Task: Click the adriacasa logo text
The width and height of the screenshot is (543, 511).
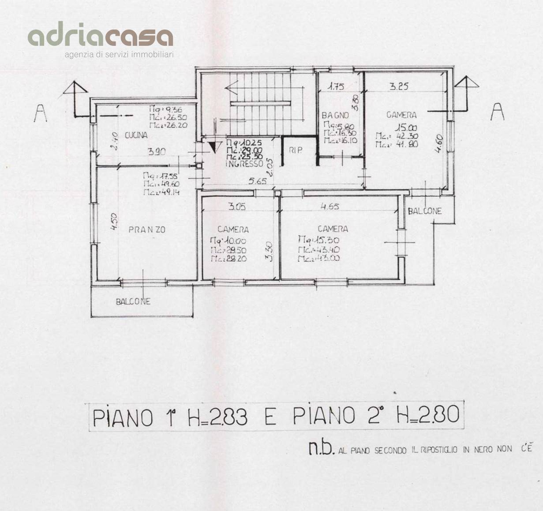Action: [100, 37]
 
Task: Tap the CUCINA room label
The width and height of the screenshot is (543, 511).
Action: [136, 135]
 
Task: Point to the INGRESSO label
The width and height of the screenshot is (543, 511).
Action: [244, 164]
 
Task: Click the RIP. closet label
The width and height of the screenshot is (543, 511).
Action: [295, 150]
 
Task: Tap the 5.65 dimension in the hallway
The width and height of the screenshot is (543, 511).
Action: [256, 180]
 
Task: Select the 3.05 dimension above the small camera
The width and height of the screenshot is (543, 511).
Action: [236, 206]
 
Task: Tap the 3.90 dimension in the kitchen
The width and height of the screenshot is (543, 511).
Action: [157, 152]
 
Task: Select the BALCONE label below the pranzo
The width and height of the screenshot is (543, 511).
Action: [133, 302]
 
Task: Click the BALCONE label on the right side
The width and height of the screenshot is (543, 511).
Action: [424, 211]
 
